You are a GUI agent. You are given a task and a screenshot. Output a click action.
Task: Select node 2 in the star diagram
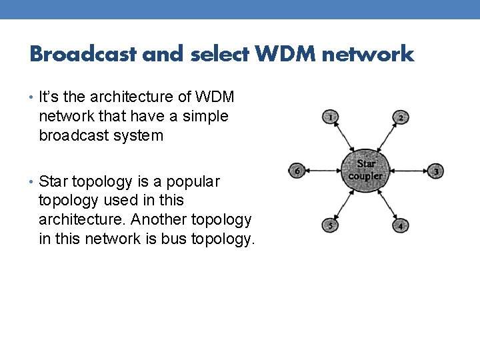coord(400,118)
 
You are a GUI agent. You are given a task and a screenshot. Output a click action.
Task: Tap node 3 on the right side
coord(435,171)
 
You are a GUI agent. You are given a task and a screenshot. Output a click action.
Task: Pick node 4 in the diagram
coord(400,225)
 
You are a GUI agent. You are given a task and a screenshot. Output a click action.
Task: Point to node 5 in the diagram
coord(329,225)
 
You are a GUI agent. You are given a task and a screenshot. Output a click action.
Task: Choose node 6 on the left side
coord(297,171)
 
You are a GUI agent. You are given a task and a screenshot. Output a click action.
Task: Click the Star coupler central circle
coord(365,171)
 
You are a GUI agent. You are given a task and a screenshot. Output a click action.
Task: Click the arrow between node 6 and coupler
coord(323,171)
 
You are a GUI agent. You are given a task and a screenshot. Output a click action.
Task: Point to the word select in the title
coord(220,53)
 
